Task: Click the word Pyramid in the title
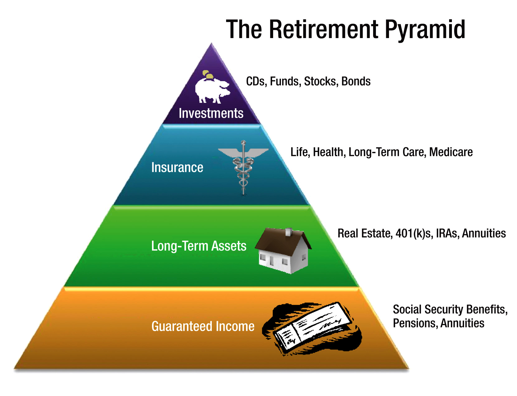pos(425,30)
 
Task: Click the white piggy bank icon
pos(212,91)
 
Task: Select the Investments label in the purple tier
pos(211,113)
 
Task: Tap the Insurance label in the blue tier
pos(177,168)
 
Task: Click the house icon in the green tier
pos(283,251)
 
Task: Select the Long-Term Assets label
pos(199,246)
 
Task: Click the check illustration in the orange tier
pos(312,329)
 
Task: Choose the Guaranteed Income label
pos(203,326)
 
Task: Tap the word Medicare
pos(451,152)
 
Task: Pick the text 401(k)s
pos(414,233)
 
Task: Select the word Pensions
pos(415,323)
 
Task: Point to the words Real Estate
pos(365,233)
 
